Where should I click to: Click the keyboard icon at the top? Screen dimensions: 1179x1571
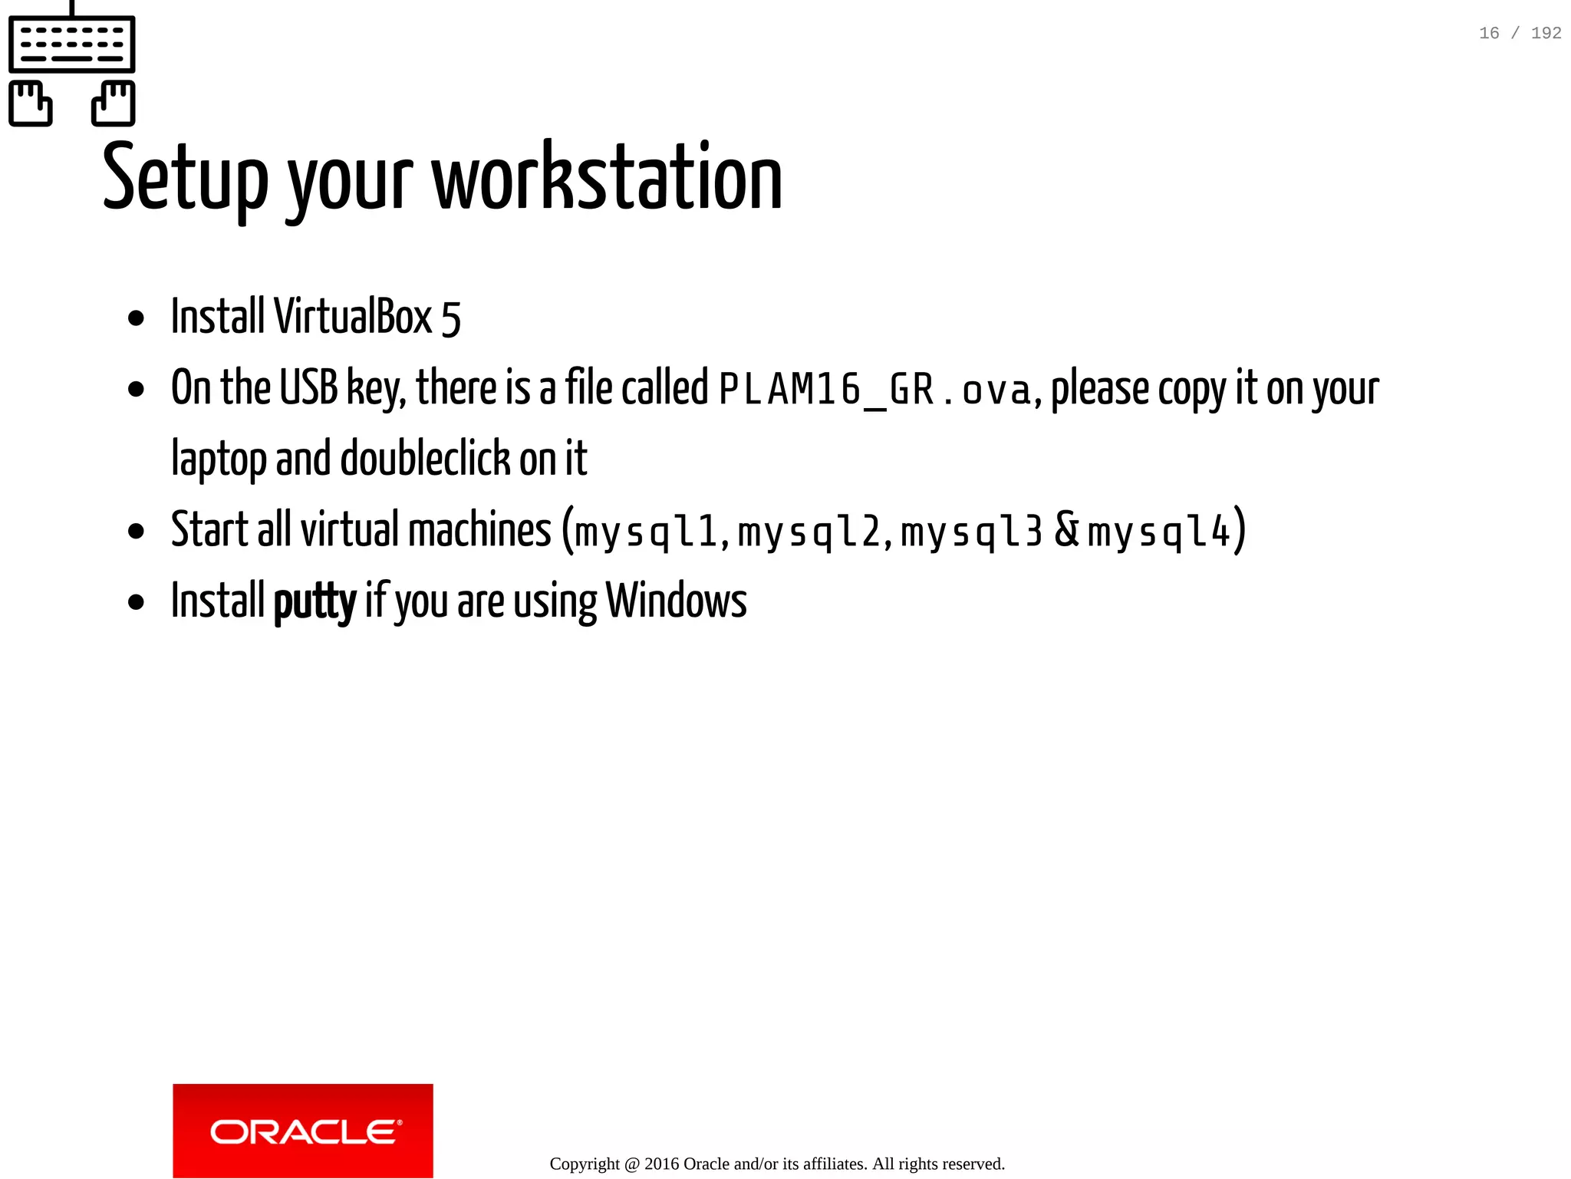click(x=72, y=44)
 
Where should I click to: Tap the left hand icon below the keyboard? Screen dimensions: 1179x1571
click(x=31, y=103)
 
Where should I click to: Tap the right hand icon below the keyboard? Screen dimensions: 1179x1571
click(x=114, y=103)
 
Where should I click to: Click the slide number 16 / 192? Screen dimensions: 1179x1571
click(x=1520, y=33)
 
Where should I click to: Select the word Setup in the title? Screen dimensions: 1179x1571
click(x=185, y=178)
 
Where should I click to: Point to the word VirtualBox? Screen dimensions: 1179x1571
click(x=354, y=316)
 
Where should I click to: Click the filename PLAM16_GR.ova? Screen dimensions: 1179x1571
click(x=874, y=389)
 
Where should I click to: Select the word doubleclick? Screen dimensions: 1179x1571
click(x=425, y=459)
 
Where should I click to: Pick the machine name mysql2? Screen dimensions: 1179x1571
click(x=809, y=531)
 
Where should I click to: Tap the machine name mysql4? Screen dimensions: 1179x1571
click(x=1159, y=531)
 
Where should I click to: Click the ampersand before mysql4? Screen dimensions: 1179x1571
click(x=1067, y=529)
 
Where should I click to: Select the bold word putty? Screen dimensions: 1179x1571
click(x=315, y=601)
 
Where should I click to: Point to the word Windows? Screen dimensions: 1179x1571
click(x=676, y=601)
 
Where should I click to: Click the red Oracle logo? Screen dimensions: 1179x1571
click(x=303, y=1131)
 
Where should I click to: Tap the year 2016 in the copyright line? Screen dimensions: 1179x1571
click(x=661, y=1164)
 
